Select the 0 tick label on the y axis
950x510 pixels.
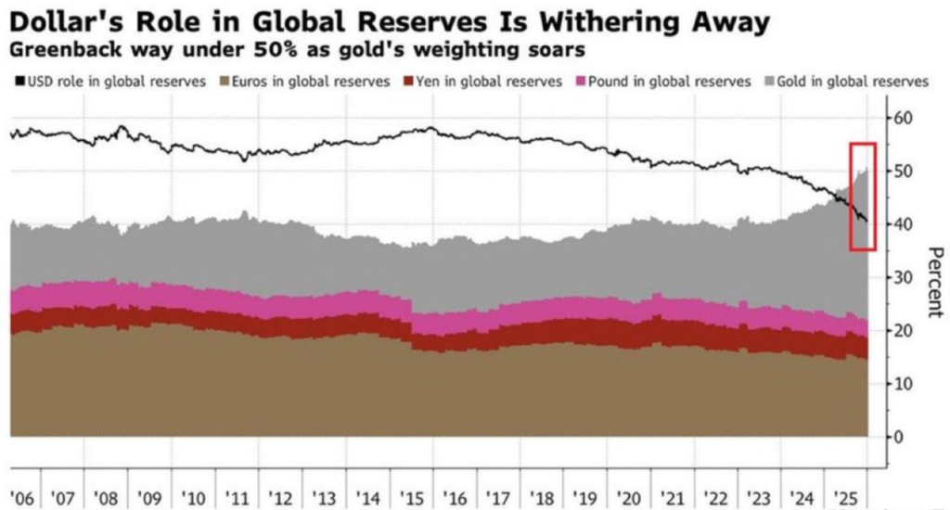[895, 437]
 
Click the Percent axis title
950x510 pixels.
[934, 282]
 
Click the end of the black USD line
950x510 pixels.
[867, 221]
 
